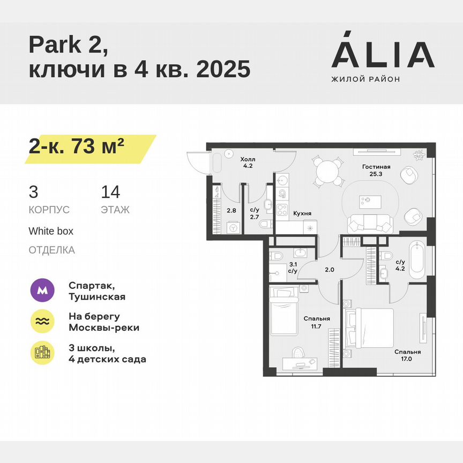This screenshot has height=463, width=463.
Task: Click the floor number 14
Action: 110,192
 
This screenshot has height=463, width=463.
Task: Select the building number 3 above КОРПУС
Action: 34,192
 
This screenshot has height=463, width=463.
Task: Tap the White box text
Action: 51,231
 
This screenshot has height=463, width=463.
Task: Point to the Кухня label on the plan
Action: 302,213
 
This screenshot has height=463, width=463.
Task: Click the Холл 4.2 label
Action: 247,162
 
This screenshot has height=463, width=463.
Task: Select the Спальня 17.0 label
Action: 407,356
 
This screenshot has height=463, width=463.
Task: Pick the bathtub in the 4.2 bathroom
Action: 416,259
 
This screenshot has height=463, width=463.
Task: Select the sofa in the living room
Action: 371,221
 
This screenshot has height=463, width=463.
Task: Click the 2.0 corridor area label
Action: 329,270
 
